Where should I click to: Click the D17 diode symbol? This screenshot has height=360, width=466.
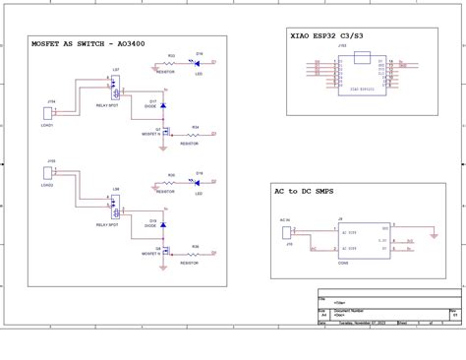pyautogui.click(x=163, y=105)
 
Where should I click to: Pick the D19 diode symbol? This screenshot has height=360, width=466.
pyautogui.click(x=163, y=225)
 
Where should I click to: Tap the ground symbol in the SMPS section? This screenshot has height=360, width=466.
pyautogui.click(x=435, y=237)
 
